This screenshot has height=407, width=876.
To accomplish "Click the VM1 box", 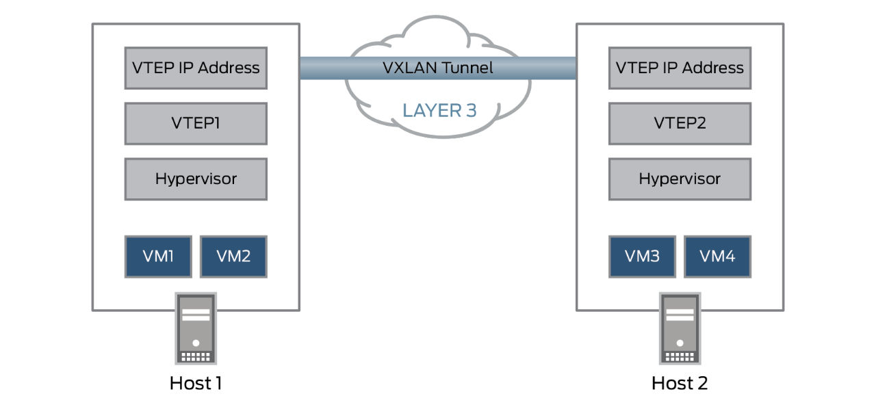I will click(x=158, y=257).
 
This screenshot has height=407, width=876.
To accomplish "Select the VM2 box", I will click(x=233, y=257).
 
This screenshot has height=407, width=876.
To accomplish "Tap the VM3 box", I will click(x=642, y=257).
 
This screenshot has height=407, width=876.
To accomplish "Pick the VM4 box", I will click(x=717, y=257).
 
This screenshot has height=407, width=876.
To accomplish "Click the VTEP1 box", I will click(x=196, y=123).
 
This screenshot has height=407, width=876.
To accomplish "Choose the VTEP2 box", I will click(x=680, y=123).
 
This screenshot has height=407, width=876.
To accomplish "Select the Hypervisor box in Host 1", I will click(x=196, y=179).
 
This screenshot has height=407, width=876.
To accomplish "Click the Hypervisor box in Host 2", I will click(x=680, y=179).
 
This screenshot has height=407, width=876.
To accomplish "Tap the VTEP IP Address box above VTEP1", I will click(x=196, y=68).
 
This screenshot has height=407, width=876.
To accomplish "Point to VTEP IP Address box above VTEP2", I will click(x=680, y=68).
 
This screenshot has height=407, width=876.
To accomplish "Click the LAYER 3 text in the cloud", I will click(x=439, y=110).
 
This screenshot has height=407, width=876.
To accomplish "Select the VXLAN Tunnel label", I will click(x=438, y=68).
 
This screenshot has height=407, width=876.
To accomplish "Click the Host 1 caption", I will click(x=196, y=383).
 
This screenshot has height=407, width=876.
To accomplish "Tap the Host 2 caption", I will click(x=680, y=383).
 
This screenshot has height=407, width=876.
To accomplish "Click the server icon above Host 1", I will click(x=196, y=329).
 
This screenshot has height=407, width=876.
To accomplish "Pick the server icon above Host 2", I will click(x=680, y=329).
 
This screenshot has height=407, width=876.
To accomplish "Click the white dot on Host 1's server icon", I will click(x=196, y=343).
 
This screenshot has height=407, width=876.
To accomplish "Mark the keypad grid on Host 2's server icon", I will click(x=680, y=356).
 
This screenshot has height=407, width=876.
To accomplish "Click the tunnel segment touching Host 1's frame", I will click(x=322, y=68).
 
